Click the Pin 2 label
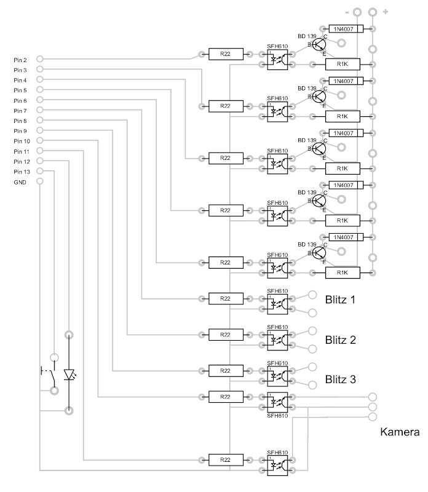[x=20, y=60]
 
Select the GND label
[x=20, y=181]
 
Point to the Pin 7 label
[x=20, y=111]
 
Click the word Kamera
[x=400, y=432]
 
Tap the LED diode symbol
[x=69, y=373]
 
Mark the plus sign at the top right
[x=386, y=12]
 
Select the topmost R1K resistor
[x=343, y=64]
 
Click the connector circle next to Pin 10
[x=40, y=141]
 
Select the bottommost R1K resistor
[x=343, y=272]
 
